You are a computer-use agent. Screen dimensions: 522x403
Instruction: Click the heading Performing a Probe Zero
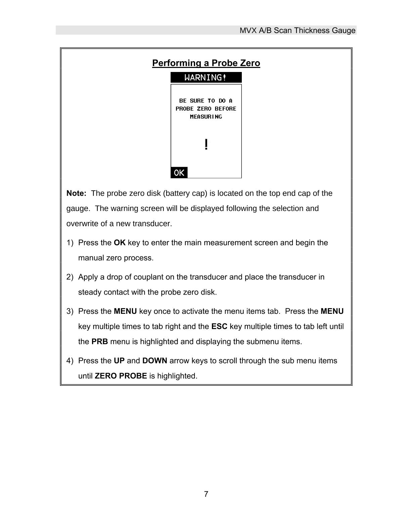[x=206, y=63]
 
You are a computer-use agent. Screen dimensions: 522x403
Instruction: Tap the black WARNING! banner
[x=206, y=78]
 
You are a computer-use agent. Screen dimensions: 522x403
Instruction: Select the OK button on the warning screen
[x=179, y=173]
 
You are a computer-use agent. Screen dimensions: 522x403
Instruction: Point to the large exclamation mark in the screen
[x=206, y=145]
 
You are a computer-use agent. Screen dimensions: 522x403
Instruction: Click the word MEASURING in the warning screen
[x=206, y=117]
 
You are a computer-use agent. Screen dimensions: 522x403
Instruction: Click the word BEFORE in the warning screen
[x=225, y=109]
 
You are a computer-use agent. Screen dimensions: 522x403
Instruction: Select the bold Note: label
[x=77, y=193]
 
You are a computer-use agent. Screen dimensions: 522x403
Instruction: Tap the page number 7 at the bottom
[x=206, y=494]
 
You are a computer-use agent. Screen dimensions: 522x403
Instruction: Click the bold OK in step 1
[x=120, y=243]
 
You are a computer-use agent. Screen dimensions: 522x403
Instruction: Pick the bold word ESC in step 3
[x=219, y=327]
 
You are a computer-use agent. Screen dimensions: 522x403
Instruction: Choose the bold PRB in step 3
[x=100, y=342]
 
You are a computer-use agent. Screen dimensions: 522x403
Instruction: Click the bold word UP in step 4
[x=119, y=361]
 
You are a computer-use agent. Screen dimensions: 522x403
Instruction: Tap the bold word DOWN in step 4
[x=154, y=361]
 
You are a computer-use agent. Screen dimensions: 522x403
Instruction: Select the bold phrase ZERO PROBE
[x=121, y=376]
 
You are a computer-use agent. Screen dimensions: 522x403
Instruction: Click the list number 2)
[x=70, y=277]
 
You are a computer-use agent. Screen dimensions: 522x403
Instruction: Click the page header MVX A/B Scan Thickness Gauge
[x=297, y=31]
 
